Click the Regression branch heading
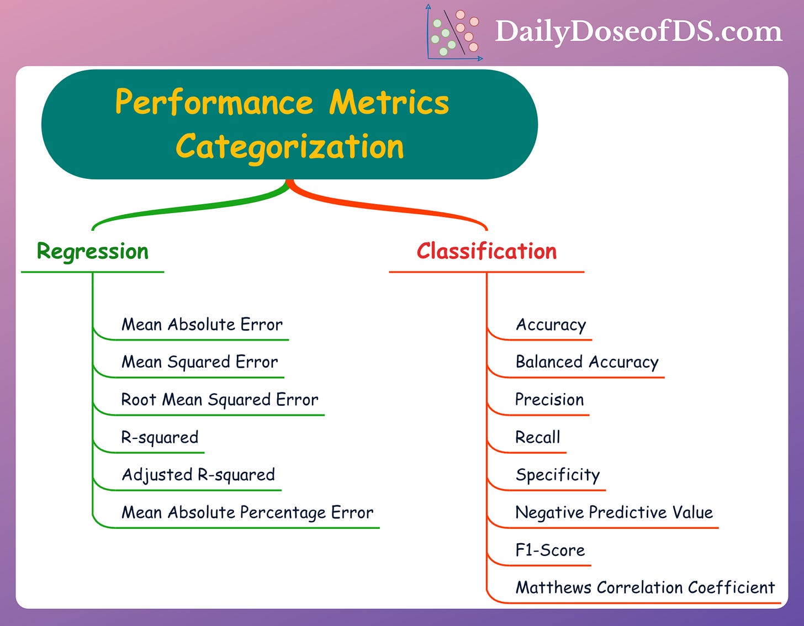pos(93,252)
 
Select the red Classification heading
pos(486,252)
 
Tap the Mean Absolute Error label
pos(202,325)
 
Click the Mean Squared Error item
pos(199,362)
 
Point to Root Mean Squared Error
pos(220,400)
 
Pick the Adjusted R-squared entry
pos(198,475)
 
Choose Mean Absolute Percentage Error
pos(247,513)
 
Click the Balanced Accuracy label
pos(587,362)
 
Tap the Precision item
pos(549,400)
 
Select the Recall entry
pos(537,437)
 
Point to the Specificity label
pos(558,475)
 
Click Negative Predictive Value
pos(614,512)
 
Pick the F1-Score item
pos(550,550)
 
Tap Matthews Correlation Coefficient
pos(645,587)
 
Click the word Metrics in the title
pos(389,103)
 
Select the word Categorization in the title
pos(290,147)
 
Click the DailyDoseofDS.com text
pos(638,31)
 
